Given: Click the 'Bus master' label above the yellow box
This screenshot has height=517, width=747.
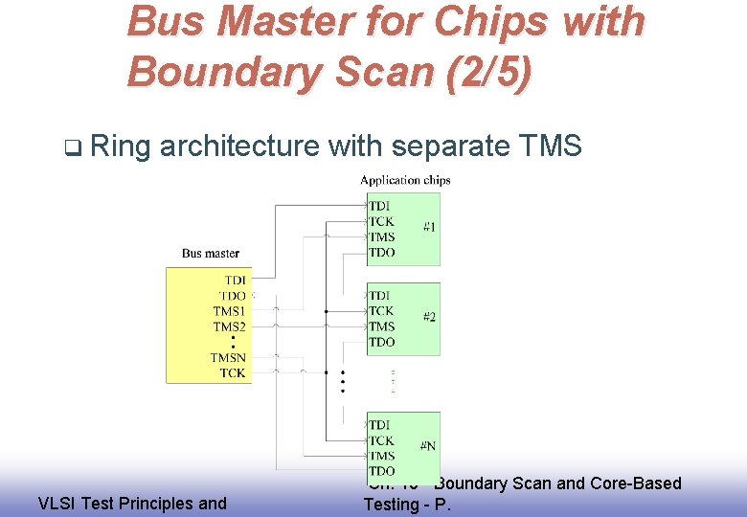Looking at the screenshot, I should [211, 254].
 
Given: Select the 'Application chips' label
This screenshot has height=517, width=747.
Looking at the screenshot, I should [404, 180].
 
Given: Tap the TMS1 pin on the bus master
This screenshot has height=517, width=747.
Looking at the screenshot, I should [229, 311].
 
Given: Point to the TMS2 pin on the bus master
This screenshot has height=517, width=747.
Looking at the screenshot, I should [229, 326].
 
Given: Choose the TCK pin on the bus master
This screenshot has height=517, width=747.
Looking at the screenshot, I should [233, 373].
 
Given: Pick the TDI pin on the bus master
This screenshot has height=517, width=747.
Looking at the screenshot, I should [235, 281].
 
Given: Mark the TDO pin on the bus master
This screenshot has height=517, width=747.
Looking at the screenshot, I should [233, 296].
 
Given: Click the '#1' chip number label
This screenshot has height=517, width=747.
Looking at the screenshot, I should [429, 227].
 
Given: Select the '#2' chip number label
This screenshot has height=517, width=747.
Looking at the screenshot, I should [429, 317].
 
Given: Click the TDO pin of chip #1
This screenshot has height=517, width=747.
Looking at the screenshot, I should [381, 253].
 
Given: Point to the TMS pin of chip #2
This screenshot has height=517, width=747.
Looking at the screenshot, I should [381, 326].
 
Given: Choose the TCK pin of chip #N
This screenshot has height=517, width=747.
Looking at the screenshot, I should [381, 440].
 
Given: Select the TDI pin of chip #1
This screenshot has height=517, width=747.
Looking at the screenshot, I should [379, 206].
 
